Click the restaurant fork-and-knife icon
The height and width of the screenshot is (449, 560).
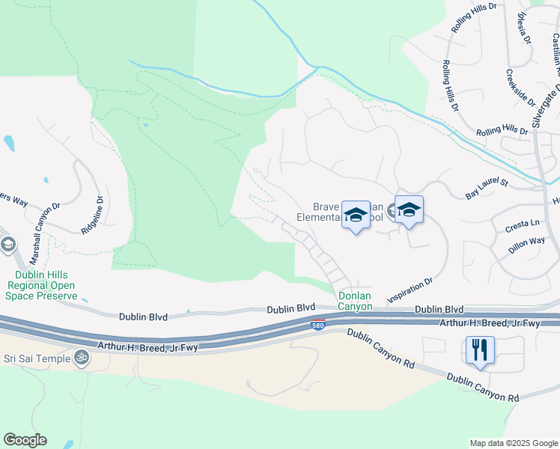480,349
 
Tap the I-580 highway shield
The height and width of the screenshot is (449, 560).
317,325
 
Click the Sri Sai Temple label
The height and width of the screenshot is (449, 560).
34,358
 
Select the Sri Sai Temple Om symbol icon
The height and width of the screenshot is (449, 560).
81,358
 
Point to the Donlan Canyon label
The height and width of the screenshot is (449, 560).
355,301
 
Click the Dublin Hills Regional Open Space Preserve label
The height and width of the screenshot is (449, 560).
43,286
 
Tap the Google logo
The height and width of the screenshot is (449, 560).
25,440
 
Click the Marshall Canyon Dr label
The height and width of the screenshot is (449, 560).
44,233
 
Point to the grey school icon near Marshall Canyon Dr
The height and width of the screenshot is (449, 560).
8,245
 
